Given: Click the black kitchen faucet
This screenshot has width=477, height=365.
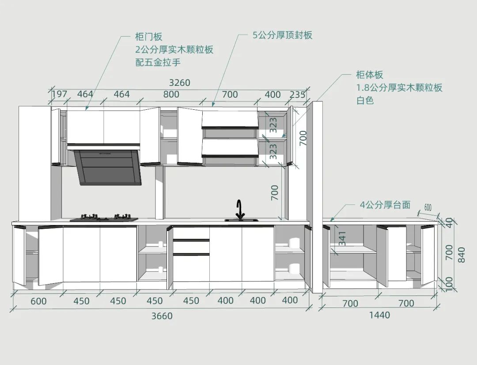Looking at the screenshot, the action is [x=240, y=210].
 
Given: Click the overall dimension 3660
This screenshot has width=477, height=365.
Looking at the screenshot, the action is [x=162, y=316].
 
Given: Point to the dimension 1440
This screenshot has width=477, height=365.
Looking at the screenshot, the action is [x=379, y=315].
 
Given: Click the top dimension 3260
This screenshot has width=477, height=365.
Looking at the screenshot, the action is [x=179, y=83].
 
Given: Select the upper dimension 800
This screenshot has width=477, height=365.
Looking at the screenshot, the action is [x=171, y=94].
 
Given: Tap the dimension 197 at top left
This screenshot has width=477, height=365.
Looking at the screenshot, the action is [x=60, y=94].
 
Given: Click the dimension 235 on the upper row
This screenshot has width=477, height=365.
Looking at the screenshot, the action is [x=298, y=94].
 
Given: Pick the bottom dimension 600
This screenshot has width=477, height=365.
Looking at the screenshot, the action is [x=38, y=301].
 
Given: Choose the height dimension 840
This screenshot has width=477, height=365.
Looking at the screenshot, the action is [x=462, y=254].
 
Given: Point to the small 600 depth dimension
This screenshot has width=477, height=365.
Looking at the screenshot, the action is [x=428, y=207].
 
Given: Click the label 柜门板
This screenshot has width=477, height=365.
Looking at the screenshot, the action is [x=149, y=37].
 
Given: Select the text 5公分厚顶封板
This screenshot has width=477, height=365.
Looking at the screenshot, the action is [x=283, y=35].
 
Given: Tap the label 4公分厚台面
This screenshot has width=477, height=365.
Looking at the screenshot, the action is [x=385, y=205].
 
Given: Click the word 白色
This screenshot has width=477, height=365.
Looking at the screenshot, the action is [x=365, y=100].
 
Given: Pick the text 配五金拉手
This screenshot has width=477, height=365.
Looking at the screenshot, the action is [x=158, y=62].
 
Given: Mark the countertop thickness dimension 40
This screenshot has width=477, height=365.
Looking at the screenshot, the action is [x=450, y=223].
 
